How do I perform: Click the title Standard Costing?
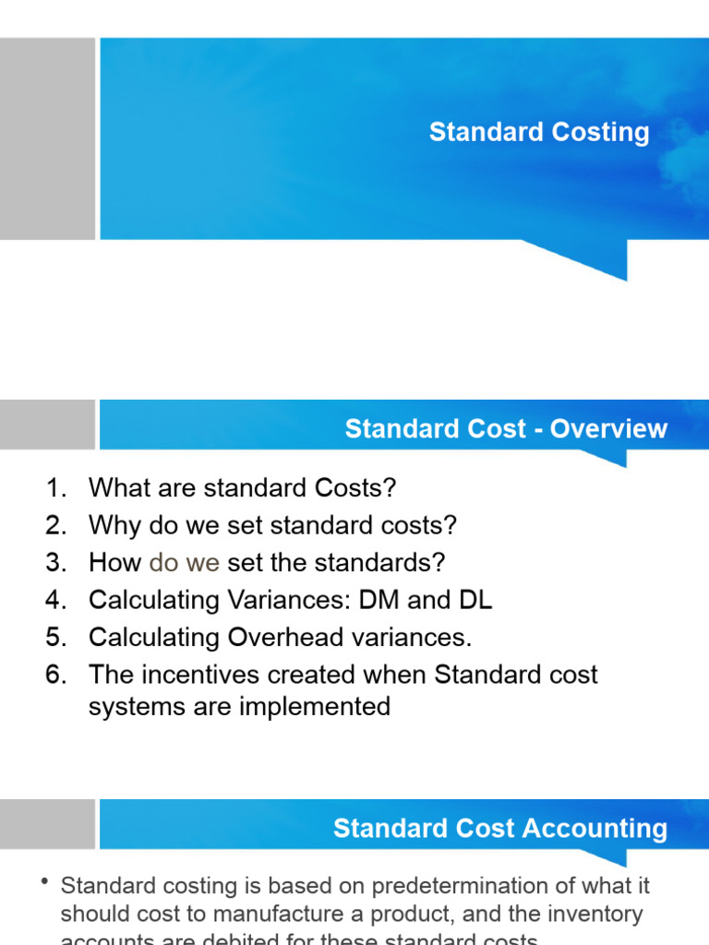click(539, 132)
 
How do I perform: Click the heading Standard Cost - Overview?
click(506, 429)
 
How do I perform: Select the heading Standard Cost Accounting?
click(500, 828)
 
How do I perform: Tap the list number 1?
click(56, 487)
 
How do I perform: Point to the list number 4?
click(56, 600)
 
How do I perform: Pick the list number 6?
click(56, 675)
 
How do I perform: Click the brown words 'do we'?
click(184, 562)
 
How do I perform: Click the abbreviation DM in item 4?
click(377, 600)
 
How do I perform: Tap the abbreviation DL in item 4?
click(475, 600)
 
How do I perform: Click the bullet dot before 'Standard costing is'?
click(44, 883)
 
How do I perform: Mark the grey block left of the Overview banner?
click(47, 425)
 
